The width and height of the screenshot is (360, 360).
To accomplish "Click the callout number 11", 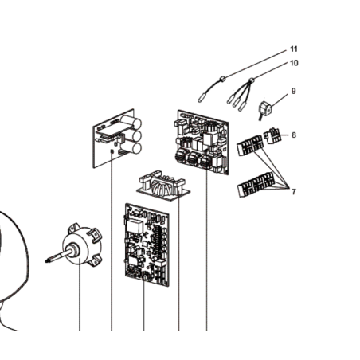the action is pyautogui.click(x=294, y=49).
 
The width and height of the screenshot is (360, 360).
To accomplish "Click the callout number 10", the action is pyautogui.click(x=294, y=63).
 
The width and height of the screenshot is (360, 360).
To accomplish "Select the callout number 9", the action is pyautogui.click(x=293, y=91).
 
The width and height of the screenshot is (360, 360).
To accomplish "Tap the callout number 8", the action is pyautogui.click(x=294, y=135).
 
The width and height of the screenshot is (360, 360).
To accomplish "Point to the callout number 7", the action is pyautogui.click(x=294, y=191).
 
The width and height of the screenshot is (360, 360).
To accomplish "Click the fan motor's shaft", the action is pyautogui.click(x=58, y=256).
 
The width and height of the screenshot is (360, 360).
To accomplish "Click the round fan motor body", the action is pyautogui.click(x=80, y=245).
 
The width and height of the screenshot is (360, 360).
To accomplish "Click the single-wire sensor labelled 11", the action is pyautogui.click(x=211, y=89).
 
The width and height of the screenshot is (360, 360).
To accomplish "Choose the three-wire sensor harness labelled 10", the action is pyautogui.click(x=240, y=94).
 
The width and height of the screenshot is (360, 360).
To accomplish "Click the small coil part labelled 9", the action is pyautogui.click(x=264, y=111).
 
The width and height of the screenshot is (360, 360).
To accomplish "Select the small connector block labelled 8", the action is pyautogui.click(x=272, y=135).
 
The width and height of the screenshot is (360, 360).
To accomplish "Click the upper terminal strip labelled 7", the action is pyautogui.click(x=249, y=146).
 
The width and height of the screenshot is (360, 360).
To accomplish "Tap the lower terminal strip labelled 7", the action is pyautogui.click(x=254, y=185).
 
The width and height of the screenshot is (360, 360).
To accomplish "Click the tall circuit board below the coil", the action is pyautogui.click(x=147, y=245).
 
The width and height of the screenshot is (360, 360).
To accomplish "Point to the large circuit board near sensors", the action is pyautogui.click(x=203, y=142).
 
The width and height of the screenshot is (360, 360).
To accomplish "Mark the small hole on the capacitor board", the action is pyautogui.click(x=112, y=151).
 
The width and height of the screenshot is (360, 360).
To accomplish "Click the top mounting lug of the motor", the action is pyautogui.click(x=74, y=227).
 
